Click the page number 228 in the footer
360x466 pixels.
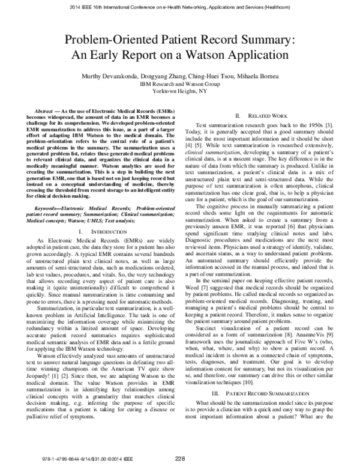[x=179, y=458]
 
